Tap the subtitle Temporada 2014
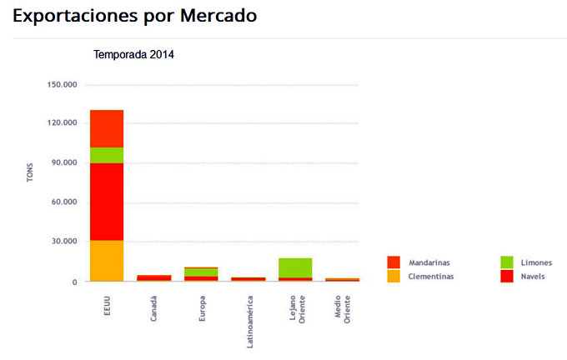(x=133, y=55)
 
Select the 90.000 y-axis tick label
(x=62, y=162)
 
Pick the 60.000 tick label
(x=62, y=202)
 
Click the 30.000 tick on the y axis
(x=62, y=242)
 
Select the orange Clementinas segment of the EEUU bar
(x=107, y=260)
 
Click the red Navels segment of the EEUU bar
(x=107, y=202)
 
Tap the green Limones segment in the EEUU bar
(x=107, y=155)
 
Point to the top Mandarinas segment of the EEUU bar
(x=107, y=128)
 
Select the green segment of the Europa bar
(x=201, y=272)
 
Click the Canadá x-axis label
(x=154, y=306)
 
